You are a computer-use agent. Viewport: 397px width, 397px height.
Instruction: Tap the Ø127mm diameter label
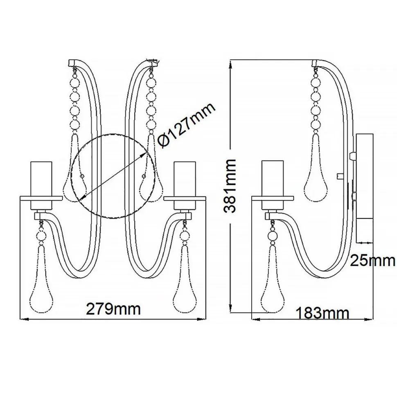tap(186, 127)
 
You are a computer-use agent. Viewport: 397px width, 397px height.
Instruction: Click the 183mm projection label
tap(322, 314)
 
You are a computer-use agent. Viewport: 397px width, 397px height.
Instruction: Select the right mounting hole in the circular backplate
tap(144, 176)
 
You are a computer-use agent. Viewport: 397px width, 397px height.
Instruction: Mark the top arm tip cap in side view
tap(317, 63)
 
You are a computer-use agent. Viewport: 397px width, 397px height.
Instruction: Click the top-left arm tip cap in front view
tap(72, 63)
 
